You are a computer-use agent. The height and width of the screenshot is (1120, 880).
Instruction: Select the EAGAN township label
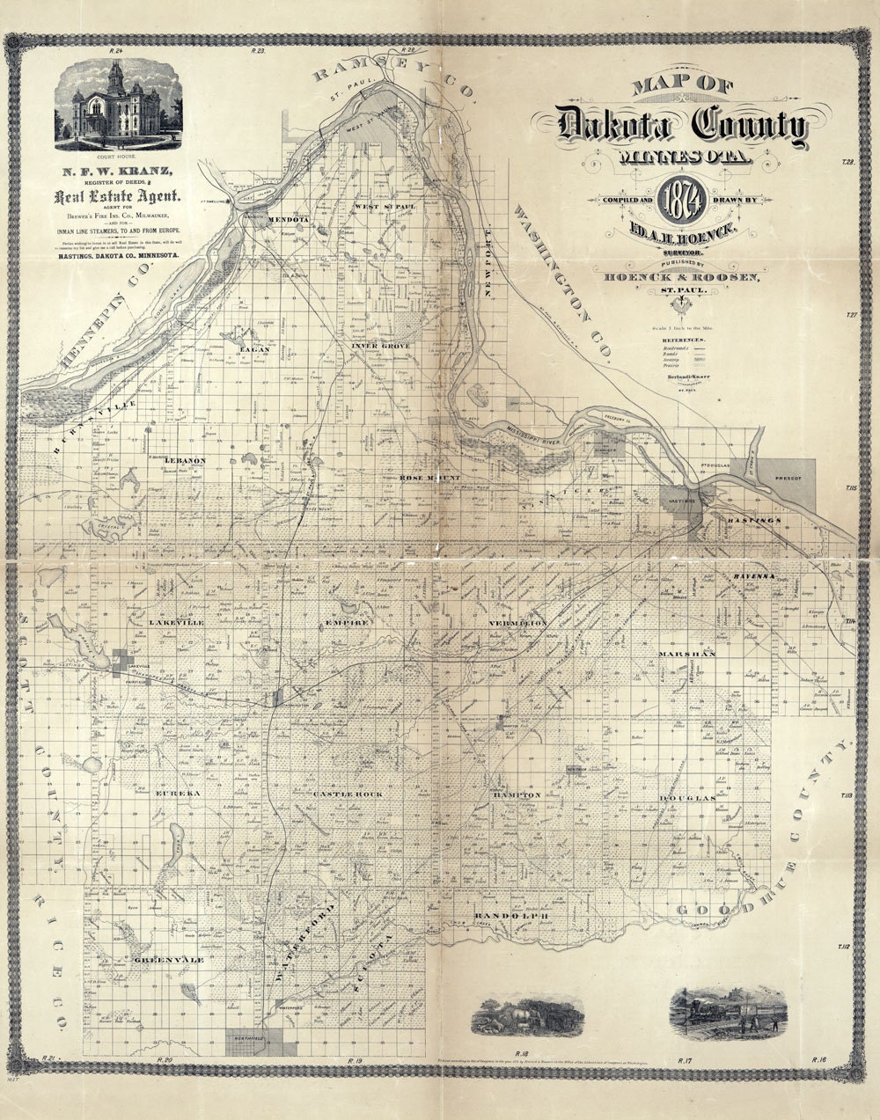coord(247,348)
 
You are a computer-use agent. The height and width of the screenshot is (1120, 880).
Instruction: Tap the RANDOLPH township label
coord(512,917)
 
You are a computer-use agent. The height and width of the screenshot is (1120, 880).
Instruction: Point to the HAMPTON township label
coord(517,794)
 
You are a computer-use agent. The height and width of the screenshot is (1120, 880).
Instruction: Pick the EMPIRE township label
coord(346,621)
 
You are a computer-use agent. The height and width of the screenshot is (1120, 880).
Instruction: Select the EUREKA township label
coord(179,793)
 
